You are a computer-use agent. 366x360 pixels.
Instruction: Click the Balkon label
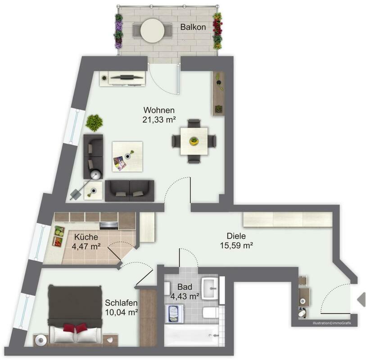(193, 27)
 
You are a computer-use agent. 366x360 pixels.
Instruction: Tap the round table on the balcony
(153, 30)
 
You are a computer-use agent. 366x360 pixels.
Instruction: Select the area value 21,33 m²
(159, 120)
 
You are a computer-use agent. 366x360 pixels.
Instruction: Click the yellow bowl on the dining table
(194, 141)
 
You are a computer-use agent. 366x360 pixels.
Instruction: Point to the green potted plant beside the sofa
(94, 123)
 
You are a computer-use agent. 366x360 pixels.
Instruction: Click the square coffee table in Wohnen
(127, 157)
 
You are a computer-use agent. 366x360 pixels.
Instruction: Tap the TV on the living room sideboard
(127, 77)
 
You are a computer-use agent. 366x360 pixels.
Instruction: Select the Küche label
(86, 237)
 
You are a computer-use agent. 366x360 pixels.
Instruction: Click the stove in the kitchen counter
(109, 225)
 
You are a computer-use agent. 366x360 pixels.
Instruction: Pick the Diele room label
(236, 236)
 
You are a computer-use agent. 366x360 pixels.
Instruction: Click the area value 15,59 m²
(236, 245)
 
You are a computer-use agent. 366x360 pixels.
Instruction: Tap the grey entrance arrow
(361, 299)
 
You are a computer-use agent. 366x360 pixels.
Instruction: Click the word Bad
(185, 287)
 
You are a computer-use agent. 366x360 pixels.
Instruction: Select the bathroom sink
(210, 288)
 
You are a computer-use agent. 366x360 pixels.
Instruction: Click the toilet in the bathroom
(211, 313)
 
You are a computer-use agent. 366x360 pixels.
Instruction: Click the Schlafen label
(121, 303)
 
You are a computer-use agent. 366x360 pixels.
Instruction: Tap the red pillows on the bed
(75, 328)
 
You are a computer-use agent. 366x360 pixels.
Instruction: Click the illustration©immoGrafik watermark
(332, 323)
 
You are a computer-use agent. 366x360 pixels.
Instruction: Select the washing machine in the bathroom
(174, 314)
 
